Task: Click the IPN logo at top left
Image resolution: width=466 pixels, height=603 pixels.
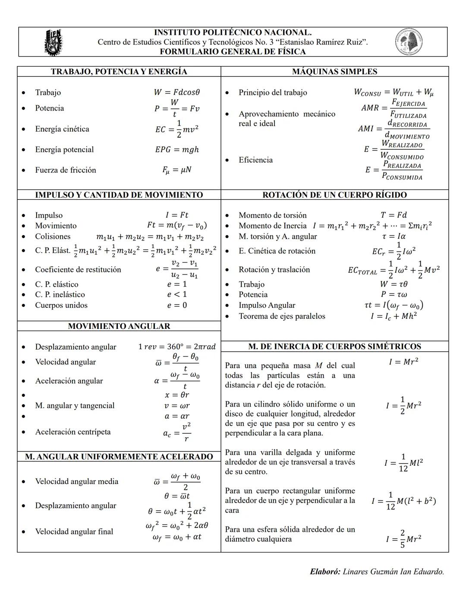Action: pyautogui.click(x=53, y=42)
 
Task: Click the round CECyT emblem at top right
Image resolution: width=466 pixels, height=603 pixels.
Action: pyautogui.click(x=409, y=42)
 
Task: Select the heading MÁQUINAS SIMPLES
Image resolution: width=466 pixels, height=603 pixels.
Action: pyautogui.click(x=334, y=72)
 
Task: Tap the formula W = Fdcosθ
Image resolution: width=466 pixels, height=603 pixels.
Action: pyautogui.click(x=177, y=92)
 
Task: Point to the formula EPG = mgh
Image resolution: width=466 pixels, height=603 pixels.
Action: pyautogui.click(x=177, y=149)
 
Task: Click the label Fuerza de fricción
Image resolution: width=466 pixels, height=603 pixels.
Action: pyautogui.click(x=66, y=170)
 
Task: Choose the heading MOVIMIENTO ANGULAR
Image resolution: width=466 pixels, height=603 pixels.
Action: pyautogui.click(x=119, y=326)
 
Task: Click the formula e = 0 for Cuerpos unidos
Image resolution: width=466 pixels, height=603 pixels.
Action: pyautogui.click(x=177, y=305)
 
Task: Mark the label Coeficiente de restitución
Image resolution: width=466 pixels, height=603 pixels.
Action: pyautogui.click(x=78, y=269)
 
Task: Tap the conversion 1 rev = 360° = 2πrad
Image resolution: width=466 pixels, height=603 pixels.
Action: pyautogui.click(x=177, y=347)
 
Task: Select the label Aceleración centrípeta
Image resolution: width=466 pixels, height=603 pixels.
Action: pyautogui.click(x=73, y=432)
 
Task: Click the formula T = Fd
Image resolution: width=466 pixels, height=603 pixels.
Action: pyautogui.click(x=394, y=215)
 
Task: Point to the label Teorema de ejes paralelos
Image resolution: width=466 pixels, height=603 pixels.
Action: pyautogui.click(x=282, y=316)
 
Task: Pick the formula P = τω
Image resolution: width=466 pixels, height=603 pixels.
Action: pyautogui.click(x=394, y=294)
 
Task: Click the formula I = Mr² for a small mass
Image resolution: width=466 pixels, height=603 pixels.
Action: pyautogui.click(x=403, y=362)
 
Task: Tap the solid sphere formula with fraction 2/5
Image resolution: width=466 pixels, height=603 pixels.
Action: pyautogui.click(x=403, y=539)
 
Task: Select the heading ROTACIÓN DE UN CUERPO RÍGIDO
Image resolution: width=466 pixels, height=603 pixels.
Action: pyautogui.click(x=334, y=195)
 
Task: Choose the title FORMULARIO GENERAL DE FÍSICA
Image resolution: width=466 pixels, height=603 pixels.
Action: pyautogui.click(x=233, y=52)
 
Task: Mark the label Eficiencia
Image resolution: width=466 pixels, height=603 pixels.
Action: pyautogui.click(x=255, y=160)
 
